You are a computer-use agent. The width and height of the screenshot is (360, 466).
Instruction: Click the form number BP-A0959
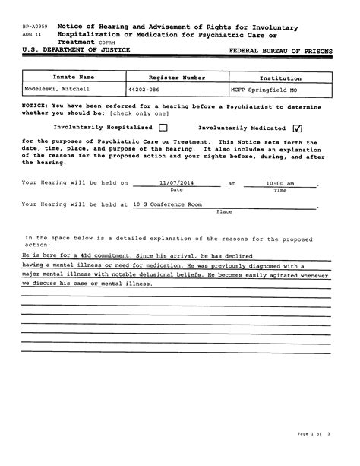[34, 27]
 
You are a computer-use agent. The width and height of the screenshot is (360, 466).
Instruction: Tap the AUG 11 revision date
[30, 35]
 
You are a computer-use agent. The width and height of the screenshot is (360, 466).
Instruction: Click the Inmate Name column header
[74, 78]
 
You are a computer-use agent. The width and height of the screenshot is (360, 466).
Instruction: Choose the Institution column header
[280, 78]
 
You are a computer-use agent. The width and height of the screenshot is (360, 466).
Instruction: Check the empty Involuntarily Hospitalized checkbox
[163, 128]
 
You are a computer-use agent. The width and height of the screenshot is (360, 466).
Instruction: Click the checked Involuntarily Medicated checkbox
[297, 128]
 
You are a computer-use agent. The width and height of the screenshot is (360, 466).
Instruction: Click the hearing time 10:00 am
[279, 182]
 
